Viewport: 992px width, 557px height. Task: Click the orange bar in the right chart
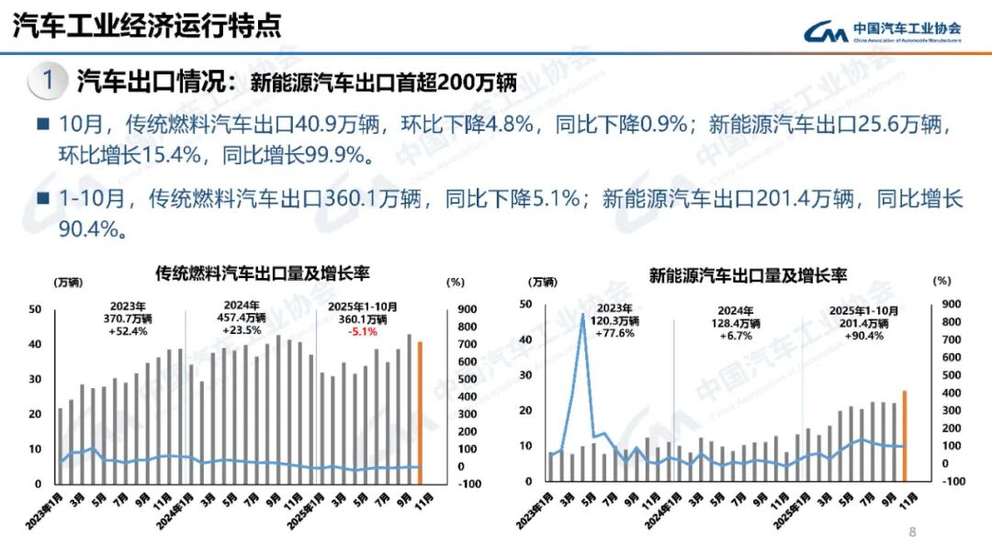904,435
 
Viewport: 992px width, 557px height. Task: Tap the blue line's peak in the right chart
582,316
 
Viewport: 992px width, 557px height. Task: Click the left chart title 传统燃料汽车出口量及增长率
262,273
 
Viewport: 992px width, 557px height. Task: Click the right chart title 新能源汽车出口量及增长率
748,273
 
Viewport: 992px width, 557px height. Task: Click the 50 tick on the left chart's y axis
35,310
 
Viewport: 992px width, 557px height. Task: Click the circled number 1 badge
49,81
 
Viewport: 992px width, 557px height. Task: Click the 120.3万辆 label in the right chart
615,321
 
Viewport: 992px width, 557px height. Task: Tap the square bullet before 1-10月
42,198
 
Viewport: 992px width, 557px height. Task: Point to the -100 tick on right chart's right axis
953,481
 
